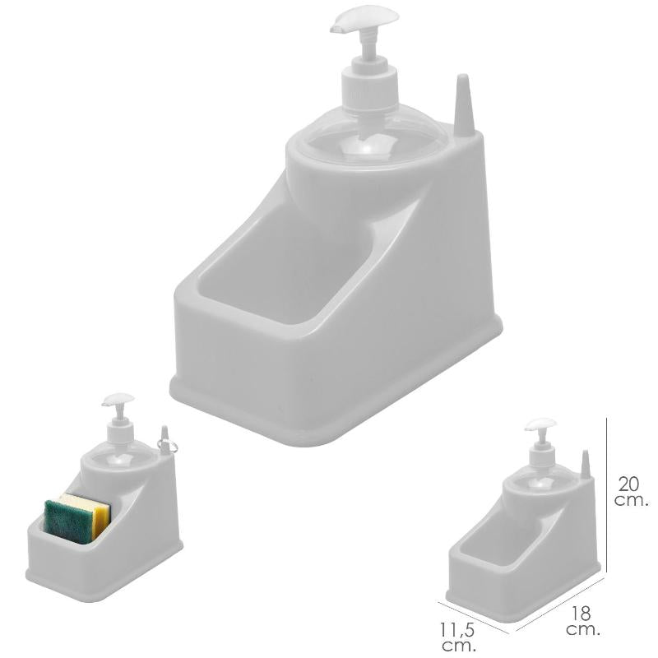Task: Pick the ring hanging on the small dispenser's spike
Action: click(x=167, y=446)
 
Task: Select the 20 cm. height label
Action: click(x=631, y=492)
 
